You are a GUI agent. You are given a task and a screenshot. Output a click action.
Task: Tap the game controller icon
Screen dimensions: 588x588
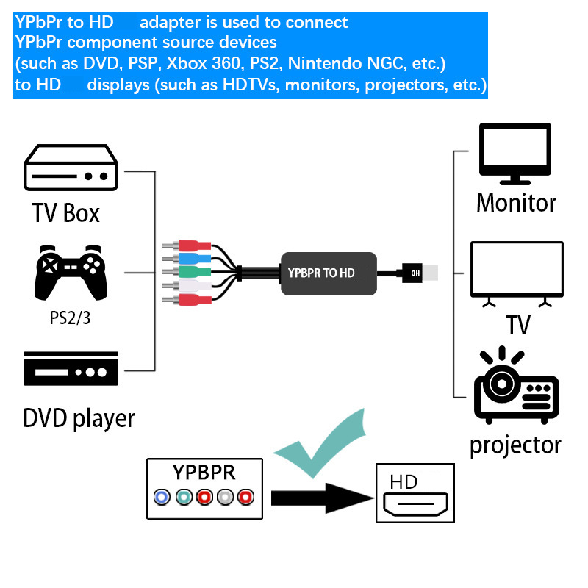click(71, 271)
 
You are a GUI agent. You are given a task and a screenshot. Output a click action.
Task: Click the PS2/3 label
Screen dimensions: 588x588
click(71, 318)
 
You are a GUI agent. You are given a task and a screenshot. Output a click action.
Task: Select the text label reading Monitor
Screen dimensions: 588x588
click(516, 203)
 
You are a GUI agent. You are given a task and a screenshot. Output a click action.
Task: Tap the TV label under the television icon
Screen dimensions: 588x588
click(518, 323)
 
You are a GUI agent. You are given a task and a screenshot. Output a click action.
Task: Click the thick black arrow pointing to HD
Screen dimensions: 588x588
click(320, 498)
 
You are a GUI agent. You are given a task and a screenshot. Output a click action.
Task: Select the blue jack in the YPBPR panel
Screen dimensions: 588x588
click(161, 498)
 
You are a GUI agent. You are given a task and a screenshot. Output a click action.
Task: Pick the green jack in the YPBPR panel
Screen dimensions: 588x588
click(182, 498)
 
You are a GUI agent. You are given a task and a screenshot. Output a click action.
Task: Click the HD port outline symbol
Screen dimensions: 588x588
click(414, 505)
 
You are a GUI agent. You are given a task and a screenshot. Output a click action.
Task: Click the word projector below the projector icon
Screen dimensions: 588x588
click(515, 445)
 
